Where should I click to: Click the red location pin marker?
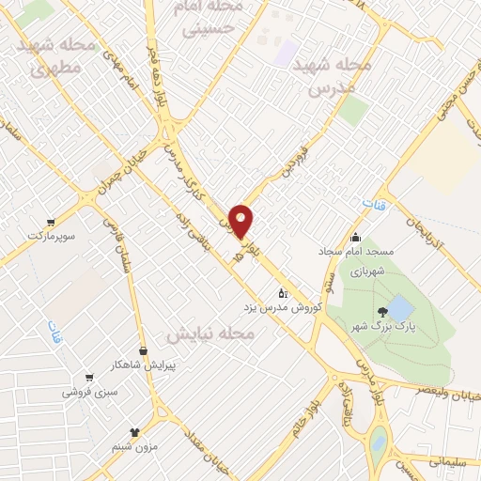241,220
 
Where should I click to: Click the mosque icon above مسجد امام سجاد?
356,238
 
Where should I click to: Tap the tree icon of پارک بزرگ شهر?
380,310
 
